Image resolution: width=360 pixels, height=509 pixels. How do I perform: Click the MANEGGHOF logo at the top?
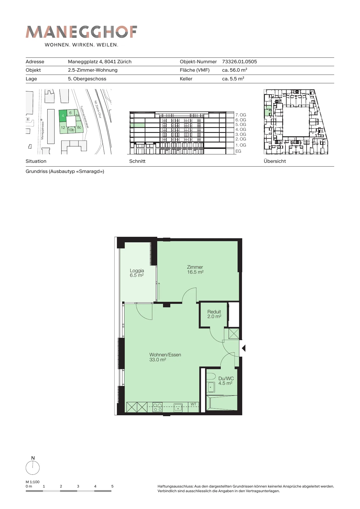click(81, 32)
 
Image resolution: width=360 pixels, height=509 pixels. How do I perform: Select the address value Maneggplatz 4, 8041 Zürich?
click(100, 62)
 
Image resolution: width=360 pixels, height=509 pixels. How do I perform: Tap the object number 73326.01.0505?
click(239, 62)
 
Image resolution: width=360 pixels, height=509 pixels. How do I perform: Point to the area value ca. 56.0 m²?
click(234, 70)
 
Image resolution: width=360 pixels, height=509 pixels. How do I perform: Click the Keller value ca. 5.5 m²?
click(233, 79)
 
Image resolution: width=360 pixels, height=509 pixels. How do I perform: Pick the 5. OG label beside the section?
click(240, 124)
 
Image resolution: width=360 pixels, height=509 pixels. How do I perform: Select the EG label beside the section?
click(238, 151)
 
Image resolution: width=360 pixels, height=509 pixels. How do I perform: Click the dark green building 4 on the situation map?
click(63, 116)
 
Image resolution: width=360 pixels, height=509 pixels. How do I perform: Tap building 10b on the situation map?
click(71, 130)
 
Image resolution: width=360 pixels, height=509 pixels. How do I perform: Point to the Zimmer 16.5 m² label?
click(195, 270)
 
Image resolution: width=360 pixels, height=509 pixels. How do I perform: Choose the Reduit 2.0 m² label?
click(214, 314)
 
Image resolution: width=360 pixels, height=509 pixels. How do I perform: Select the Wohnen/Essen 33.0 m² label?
click(165, 357)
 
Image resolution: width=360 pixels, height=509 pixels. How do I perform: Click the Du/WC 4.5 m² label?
click(226, 381)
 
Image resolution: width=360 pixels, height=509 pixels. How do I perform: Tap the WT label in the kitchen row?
click(193, 404)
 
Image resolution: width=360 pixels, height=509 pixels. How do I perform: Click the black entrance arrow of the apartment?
click(244, 348)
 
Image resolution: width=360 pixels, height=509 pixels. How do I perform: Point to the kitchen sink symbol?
click(178, 407)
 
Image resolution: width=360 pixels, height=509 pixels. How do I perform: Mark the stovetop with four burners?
click(158, 407)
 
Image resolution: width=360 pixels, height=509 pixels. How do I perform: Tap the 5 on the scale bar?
click(112, 486)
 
